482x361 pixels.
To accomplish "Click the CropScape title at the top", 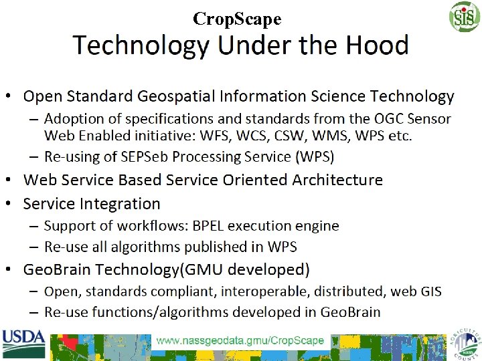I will (237, 19).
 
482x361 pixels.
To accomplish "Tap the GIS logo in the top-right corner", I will (464, 16).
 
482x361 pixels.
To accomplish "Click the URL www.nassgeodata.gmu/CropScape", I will (240, 340).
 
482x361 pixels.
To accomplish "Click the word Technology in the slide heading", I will (141, 45).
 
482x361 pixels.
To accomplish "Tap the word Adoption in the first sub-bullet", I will (70, 119).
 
